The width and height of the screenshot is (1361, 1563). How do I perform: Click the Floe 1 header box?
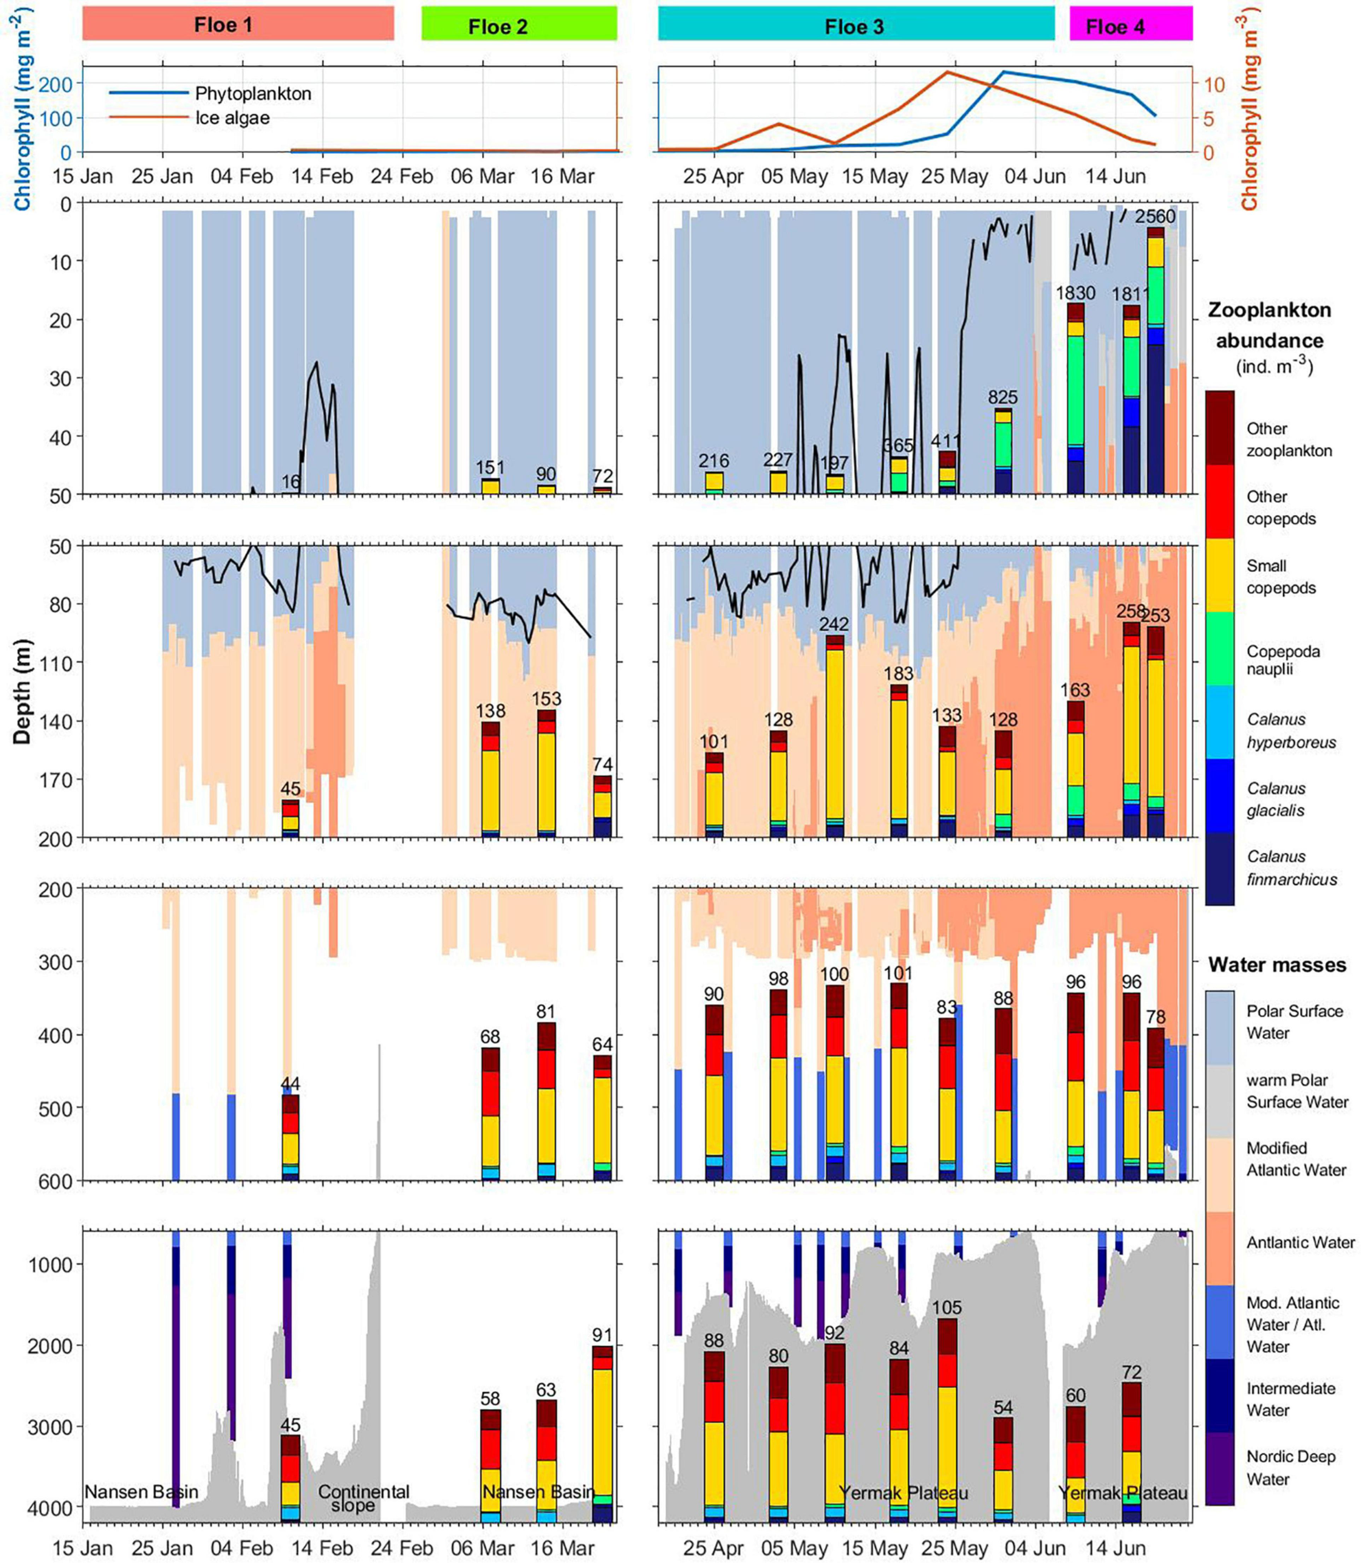238,24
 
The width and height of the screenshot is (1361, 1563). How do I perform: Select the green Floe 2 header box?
519,24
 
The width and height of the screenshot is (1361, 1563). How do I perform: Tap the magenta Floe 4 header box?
1131,24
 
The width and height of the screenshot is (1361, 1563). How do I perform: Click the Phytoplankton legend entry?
253,93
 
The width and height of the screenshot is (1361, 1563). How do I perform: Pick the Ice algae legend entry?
232,118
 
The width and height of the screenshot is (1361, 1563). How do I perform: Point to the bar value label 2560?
1155,216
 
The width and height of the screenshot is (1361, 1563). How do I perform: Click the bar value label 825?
1003,397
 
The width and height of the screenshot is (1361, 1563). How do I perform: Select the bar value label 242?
834,625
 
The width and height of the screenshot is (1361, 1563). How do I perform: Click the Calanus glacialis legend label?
1276,799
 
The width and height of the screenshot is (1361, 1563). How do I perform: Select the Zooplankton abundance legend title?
1269,325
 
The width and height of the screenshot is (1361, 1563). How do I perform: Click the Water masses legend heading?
1277,965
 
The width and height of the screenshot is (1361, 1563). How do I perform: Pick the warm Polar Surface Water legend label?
1297,1090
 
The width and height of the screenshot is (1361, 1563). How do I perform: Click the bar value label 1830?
1075,293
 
